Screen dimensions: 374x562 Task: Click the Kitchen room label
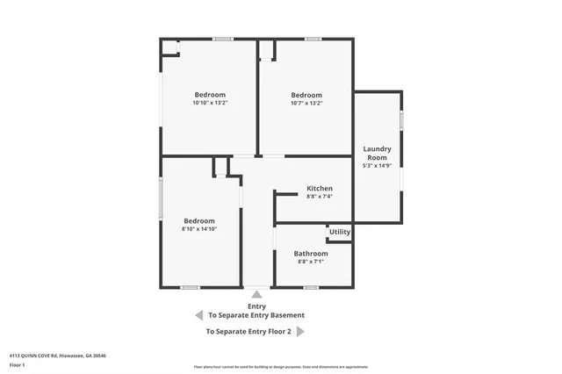click(319, 189)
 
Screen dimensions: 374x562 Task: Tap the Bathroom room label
click(311, 254)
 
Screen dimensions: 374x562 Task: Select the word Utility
click(340, 233)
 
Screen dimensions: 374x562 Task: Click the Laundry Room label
click(377, 154)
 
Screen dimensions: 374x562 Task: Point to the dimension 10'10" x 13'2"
click(210, 104)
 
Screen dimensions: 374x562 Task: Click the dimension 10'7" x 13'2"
click(306, 104)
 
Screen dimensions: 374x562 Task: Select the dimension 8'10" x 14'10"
click(199, 229)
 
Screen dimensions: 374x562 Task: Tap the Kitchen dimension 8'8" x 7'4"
click(319, 197)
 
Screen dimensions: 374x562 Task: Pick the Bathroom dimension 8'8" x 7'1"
click(311, 262)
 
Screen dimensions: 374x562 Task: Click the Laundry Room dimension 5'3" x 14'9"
click(377, 165)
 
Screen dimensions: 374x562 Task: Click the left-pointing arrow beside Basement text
click(198, 315)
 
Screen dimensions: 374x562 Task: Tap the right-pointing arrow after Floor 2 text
click(300, 332)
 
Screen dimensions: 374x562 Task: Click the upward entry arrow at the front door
click(256, 295)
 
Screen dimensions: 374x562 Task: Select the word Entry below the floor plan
click(256, 306)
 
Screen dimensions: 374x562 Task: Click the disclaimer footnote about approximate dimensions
click(280, 367)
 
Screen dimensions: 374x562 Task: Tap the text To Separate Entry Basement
click(256, 315)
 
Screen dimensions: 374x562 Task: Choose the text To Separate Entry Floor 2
click(249, 332)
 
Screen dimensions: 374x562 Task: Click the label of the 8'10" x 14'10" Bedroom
click(199, 220)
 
